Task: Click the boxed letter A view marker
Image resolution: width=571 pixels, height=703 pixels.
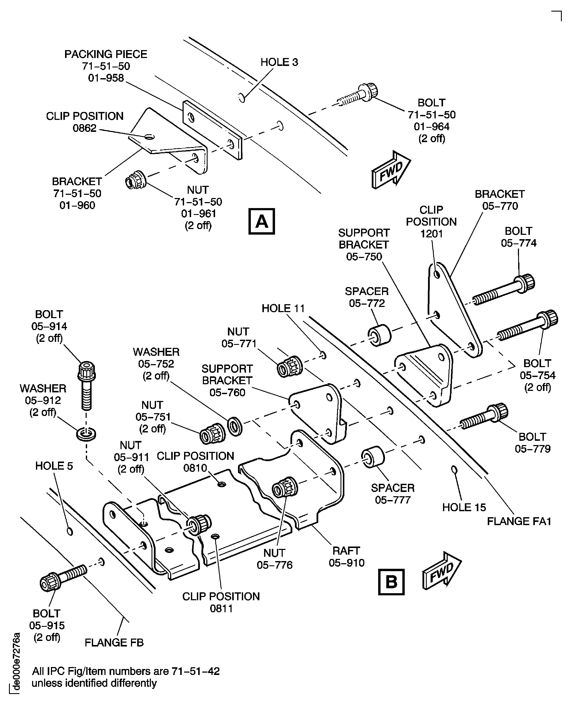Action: pos(262,221)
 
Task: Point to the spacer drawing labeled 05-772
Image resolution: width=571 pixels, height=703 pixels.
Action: pos(380,335)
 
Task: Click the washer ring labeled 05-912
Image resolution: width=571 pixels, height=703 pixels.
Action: pos(86,434)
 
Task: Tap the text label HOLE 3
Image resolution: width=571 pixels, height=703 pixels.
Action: pos(279,62)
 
